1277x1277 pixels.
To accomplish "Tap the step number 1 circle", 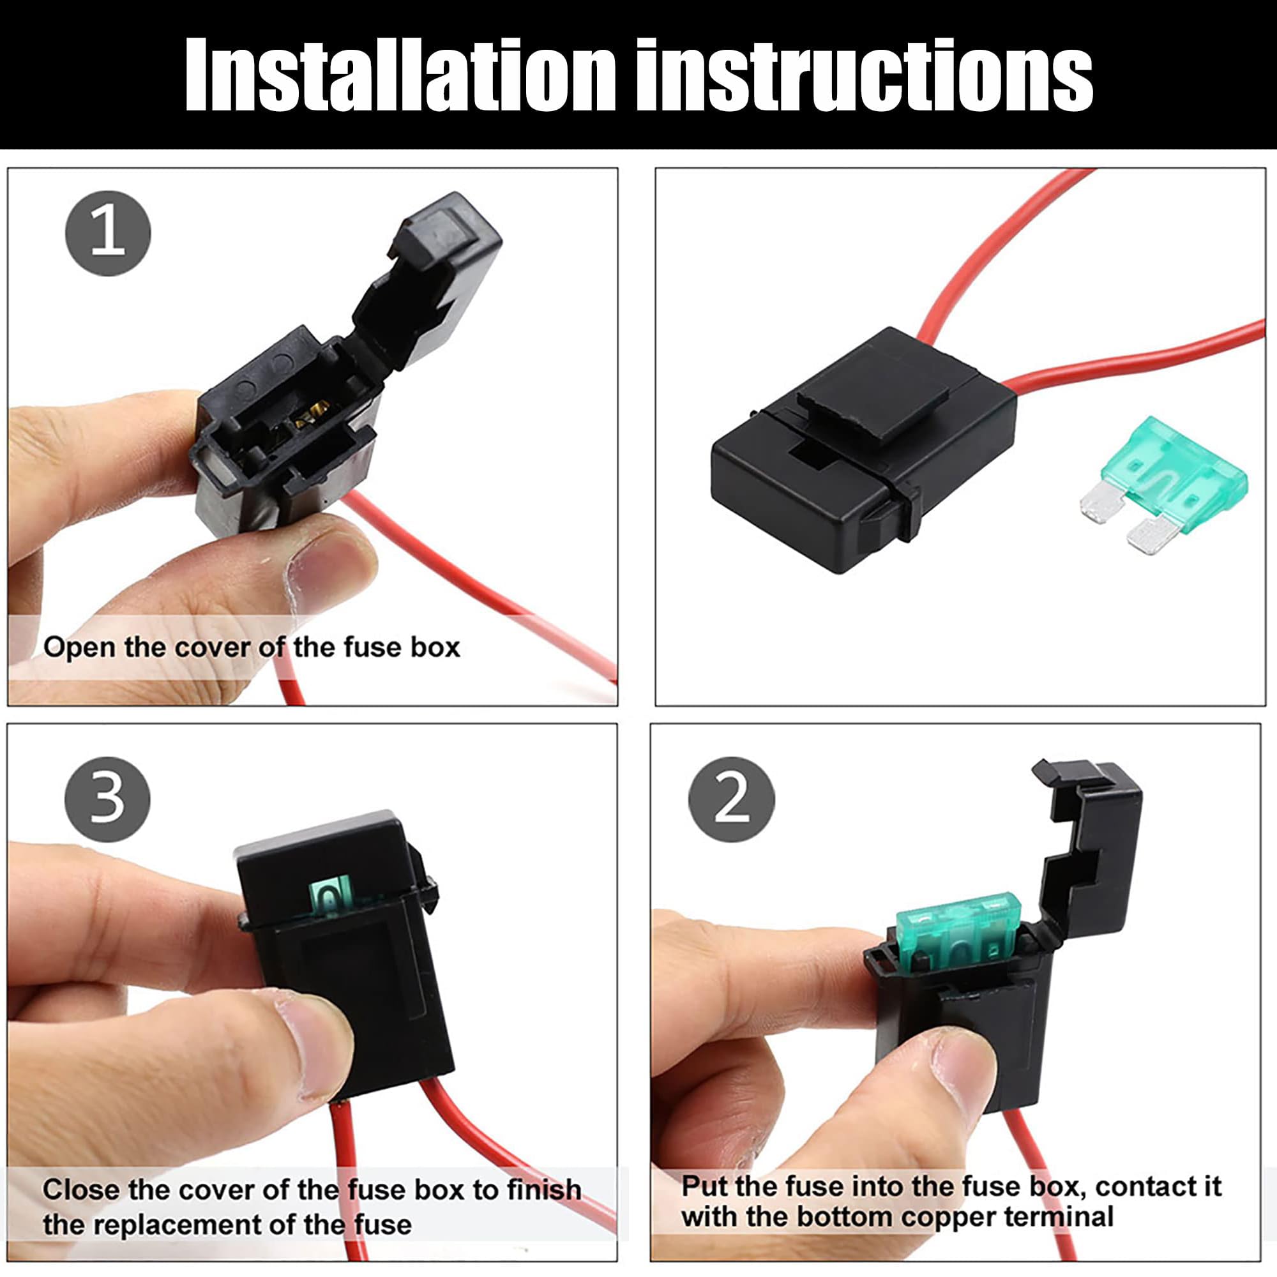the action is (x=108, y=232).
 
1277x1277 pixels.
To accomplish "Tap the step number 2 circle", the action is (x=731, y=799).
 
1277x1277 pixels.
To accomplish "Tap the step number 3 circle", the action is (x=107, y=799).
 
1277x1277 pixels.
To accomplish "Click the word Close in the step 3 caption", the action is (x=81, y=1190).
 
